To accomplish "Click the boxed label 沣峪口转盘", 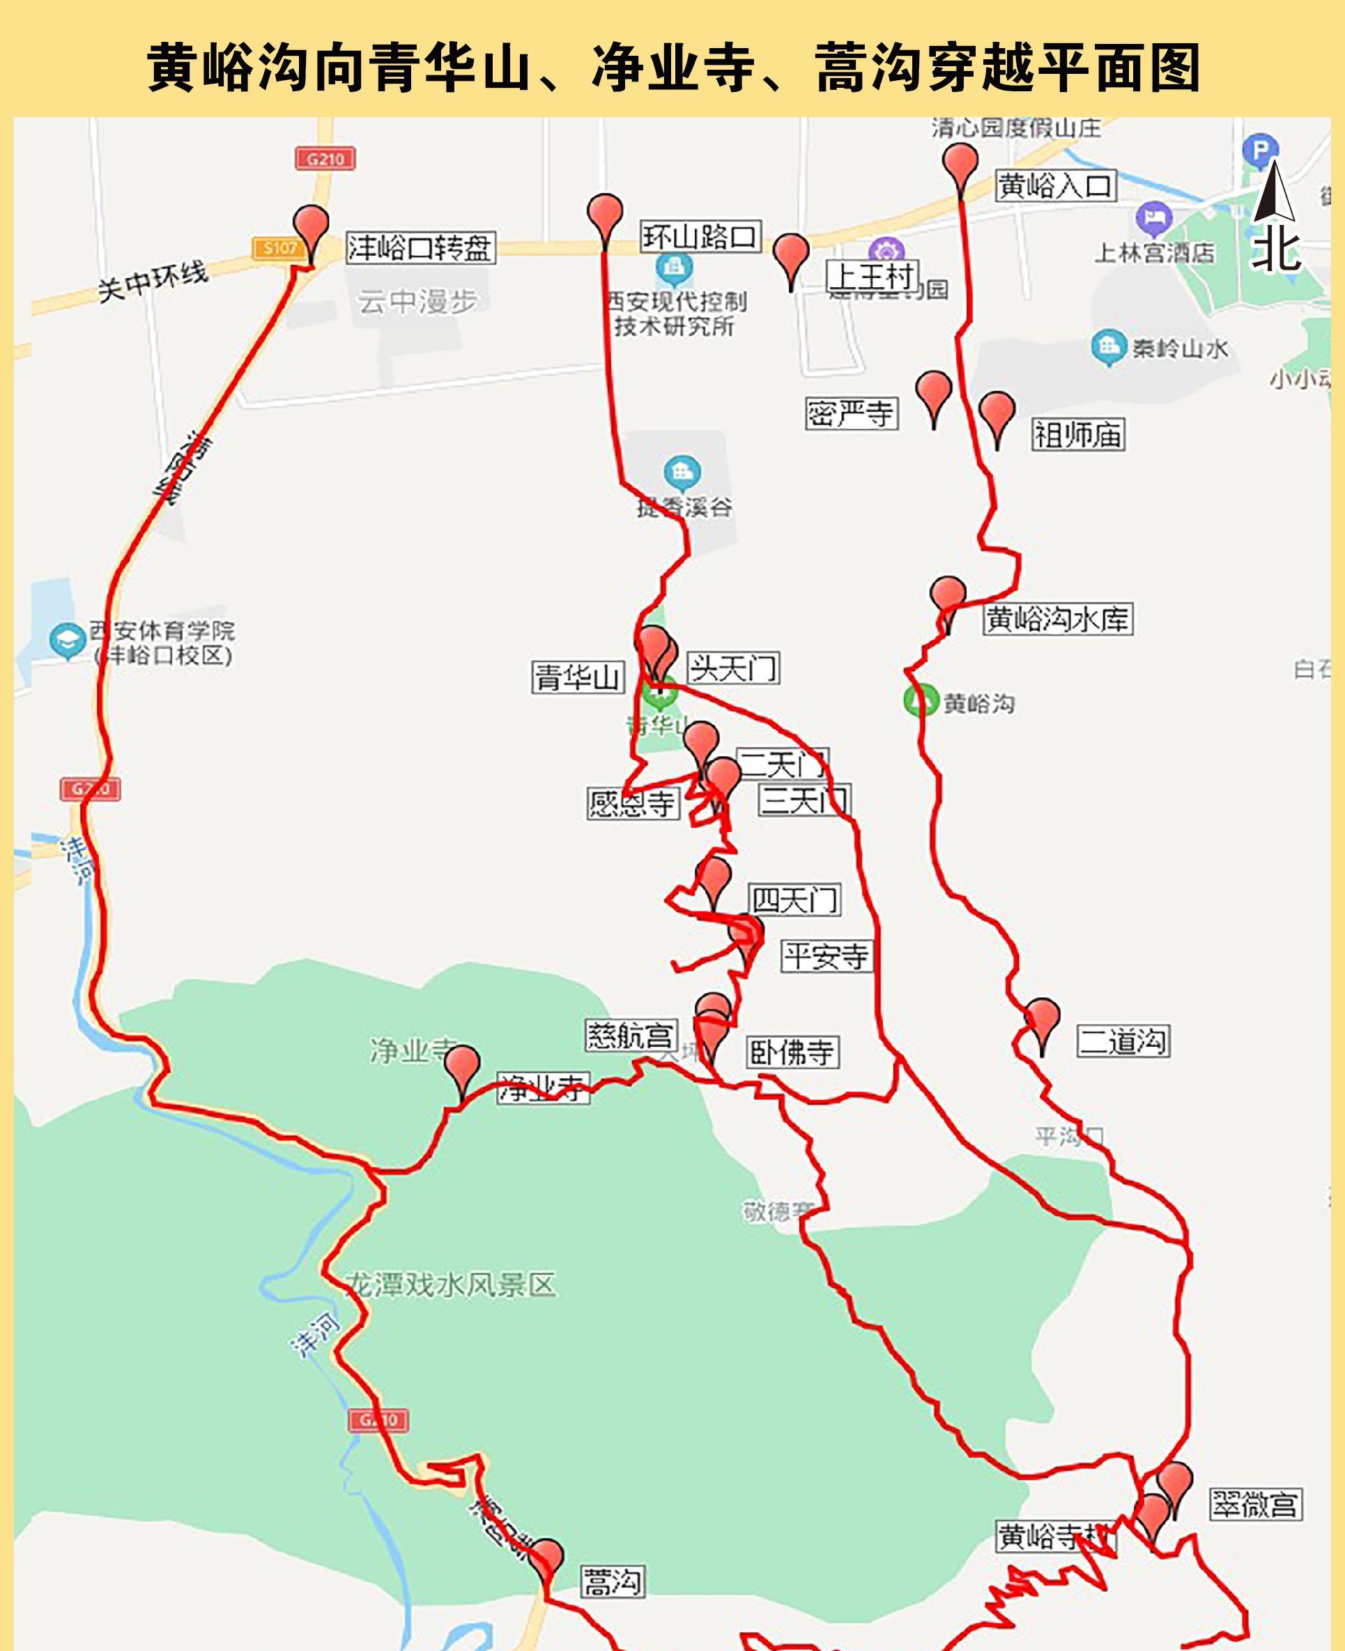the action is pyautogui.click(x=421, y=248).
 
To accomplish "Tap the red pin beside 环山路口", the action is pyautogui.click(x=604, y=216).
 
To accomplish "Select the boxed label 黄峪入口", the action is pyautogui.click(x=1055, y=186).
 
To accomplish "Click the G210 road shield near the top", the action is pyautogui.click(x=325, y=159).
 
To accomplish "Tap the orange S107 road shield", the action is pyautogui.click(x=279, y=248).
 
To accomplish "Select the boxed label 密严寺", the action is pyautogui.click(x=852, y=414).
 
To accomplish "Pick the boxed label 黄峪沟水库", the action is pyautogui.click(x=1058, y=619).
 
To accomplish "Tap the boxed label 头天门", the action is pyautogui.click(x=733, y=668).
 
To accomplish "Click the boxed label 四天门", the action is pyautogui.click(x=795, y=900).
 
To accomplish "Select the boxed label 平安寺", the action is pyautogui.click(x=826, y=956).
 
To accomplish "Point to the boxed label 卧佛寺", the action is pyautogui.click(x=792, y=1052).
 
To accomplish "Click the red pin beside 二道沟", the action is pyautogui.click(x=1041, y=1020).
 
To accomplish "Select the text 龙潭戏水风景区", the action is pyautogui.click(x=451, y=1285).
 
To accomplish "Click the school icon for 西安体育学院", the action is pyautogui.click(x=68, y=640).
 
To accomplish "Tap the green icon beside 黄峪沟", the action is pyautogui.click(x=921, y=700).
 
